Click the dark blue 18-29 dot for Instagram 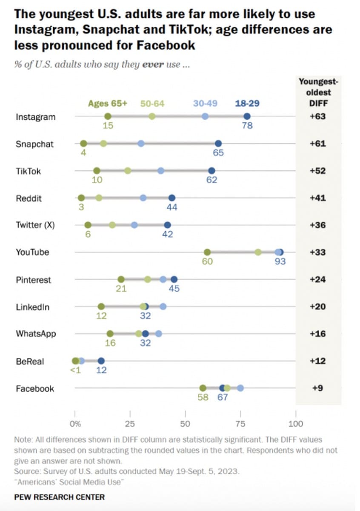[247, 116]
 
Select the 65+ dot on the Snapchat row [83, 144]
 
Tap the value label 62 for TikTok [211, 180]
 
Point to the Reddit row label [29, 198]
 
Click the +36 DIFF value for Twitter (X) [317, 225]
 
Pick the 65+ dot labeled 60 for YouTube [207, 252]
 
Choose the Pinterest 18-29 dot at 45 [174, 279]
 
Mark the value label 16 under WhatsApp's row [110, 343]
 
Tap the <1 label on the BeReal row [75, 370]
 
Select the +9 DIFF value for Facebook [317, 388]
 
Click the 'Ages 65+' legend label [108, 103]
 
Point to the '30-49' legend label [205, 103]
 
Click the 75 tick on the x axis [240, 424]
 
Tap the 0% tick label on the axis [75, 424]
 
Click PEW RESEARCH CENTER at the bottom [59, 497]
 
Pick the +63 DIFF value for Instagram [317, 116]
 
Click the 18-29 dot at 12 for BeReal [101, 361]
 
